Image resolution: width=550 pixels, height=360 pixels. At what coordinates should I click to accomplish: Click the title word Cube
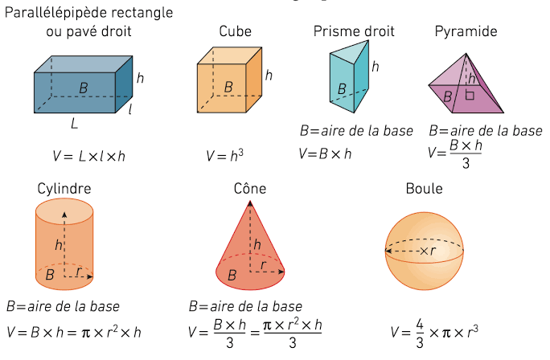click(235, 31)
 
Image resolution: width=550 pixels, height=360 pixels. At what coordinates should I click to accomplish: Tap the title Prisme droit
click(354, 31)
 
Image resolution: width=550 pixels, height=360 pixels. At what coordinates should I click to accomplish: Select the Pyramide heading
click(466, 31)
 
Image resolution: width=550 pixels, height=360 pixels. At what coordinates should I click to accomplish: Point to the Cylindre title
click(64, 189)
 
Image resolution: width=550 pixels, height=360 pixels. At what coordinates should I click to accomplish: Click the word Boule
click(424, 189)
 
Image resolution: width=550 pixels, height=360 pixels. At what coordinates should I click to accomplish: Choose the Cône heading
click(250, 188)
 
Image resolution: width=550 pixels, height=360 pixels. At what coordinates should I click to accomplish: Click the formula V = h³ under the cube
click(224, 155)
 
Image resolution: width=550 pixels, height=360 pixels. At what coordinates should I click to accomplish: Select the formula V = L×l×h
click(88, 156)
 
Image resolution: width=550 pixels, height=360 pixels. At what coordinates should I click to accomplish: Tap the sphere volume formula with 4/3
click(434, 333)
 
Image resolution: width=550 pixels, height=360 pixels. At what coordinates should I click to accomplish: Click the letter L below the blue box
click(74, 124)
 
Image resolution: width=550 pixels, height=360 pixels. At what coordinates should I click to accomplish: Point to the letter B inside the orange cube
click(228, 87)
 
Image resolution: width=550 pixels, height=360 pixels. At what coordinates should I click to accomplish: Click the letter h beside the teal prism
click(376, 66)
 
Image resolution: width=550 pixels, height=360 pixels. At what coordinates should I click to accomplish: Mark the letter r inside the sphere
click(433, 251)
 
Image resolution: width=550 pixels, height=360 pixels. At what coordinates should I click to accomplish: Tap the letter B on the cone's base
click(232, 275)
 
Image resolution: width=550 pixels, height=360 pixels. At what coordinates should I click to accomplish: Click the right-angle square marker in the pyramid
click(470, 95)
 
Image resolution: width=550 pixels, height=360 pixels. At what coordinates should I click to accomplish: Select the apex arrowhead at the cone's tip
click(250, 203)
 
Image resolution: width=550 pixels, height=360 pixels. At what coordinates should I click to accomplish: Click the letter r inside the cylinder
click(79, 271)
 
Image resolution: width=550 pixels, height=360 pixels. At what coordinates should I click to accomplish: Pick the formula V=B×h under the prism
click(325, 153)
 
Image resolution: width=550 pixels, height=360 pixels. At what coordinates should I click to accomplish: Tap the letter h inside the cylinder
click(59, 244)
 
